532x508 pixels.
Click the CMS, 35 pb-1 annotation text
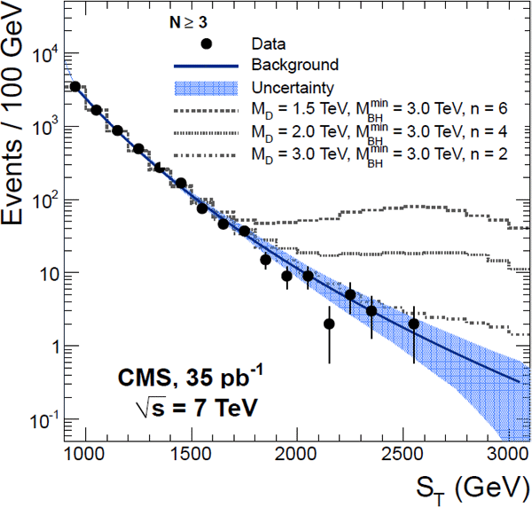[x=182, y=379]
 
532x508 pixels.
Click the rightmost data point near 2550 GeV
[x=413, y=324]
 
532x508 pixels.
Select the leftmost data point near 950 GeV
[x=75, y=86]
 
